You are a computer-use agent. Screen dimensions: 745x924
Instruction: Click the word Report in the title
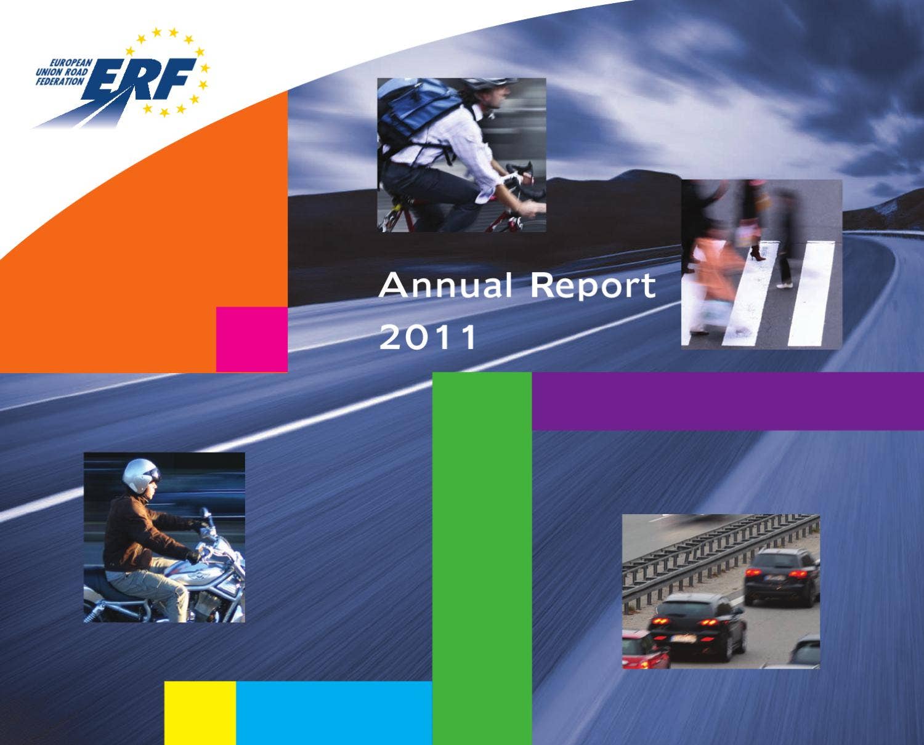593,287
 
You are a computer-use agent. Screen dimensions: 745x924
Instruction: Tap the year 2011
428,337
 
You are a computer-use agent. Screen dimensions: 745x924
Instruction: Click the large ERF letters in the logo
145,79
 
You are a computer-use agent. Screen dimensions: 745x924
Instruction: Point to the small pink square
251,339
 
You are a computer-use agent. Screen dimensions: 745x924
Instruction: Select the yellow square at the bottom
200,712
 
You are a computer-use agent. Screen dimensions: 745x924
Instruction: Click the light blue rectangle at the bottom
334,712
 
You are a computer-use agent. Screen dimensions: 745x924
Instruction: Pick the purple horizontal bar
727,401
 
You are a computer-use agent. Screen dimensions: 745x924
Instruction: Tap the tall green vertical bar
482,554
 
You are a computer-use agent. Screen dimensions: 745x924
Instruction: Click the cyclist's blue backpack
419,111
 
